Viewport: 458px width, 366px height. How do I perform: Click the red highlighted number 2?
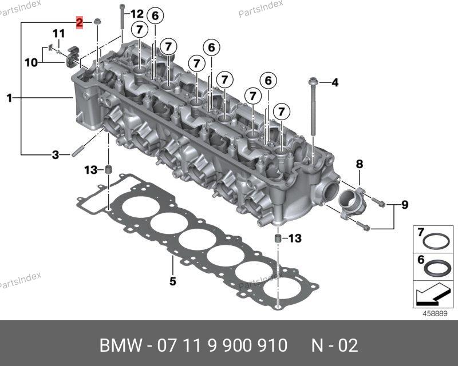click(80, 22)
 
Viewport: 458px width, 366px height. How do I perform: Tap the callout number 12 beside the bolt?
click(137, 14)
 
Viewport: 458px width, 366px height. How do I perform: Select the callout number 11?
click(59, 34)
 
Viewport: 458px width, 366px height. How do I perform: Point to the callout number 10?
click(31, 63)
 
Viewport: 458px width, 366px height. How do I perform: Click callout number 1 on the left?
click(10, 98)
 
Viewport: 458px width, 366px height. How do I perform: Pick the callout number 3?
click(56, 154)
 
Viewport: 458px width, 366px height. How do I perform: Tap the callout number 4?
click(335, 82)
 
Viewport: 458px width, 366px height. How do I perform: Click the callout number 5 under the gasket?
click(173, 281)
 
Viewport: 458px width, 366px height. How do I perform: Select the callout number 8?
click(360, 164)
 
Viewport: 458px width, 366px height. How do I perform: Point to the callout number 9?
click(405, 205)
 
